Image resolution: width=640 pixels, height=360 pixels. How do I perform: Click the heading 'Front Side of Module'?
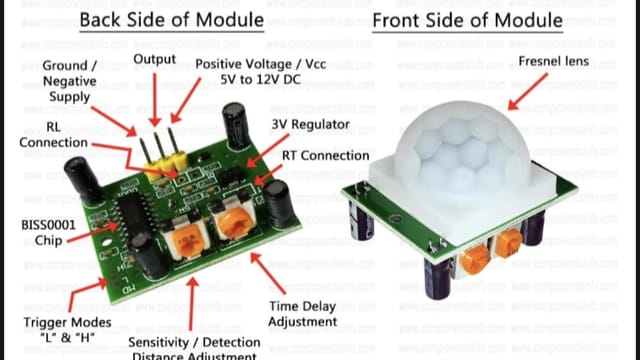pyautogui.click(x=481, y=20)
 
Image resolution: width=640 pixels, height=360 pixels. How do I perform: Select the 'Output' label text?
pyautogui.click(x=154, y=60)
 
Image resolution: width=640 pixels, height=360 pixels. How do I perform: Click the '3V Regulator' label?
pyautogui.click(x=309, y=124)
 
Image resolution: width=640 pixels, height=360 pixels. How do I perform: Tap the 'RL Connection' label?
pyautogui.click(x=40, y=134)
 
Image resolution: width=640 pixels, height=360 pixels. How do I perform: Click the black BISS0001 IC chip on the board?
pyautogui.click(x=129, y=214)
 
